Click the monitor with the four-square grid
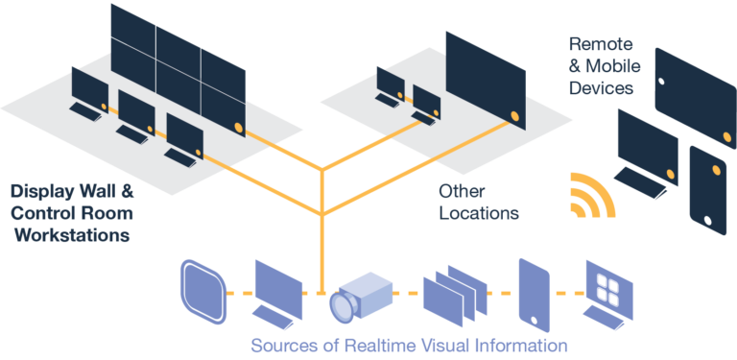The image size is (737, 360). point(610,288)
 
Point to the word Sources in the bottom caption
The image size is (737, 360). point(280,345)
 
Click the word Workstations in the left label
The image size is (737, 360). point(73,234)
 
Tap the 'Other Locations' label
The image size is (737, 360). point(478,201)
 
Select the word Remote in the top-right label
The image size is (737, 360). point(602,44)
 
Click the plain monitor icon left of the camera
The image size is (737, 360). point(276,283)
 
